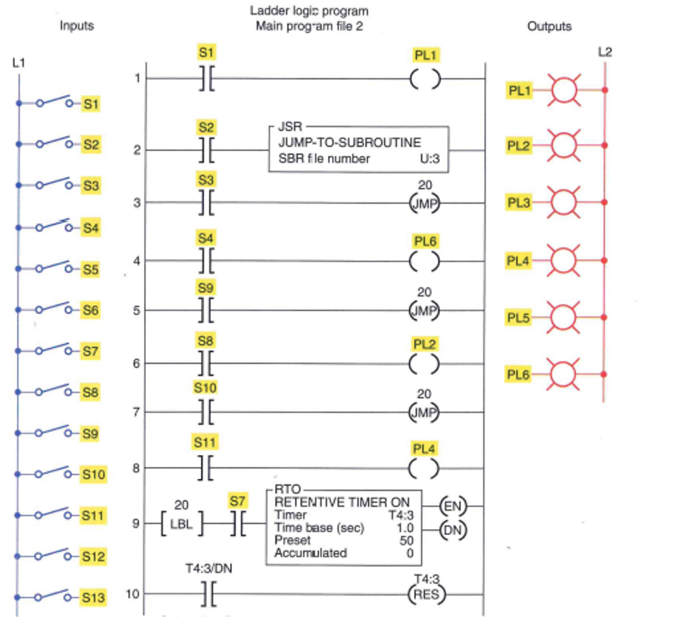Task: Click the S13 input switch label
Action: coord(94,598)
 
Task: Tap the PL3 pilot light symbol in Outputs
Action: coord(564,202)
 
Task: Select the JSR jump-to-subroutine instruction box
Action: coord(358,149)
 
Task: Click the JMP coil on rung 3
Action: coord(424,203)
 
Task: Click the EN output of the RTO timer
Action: coord(451,505)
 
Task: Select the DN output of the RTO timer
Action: coord(451,531)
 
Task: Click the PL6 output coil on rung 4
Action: coord(425,260)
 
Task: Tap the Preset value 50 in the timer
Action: coord(405,541)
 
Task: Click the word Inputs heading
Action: coord(77,26)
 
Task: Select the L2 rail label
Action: coord(605,52)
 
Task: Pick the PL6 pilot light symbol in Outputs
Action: coord(564,374)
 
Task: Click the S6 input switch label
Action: coord(90,310)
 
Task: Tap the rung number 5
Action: coord(137,311)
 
